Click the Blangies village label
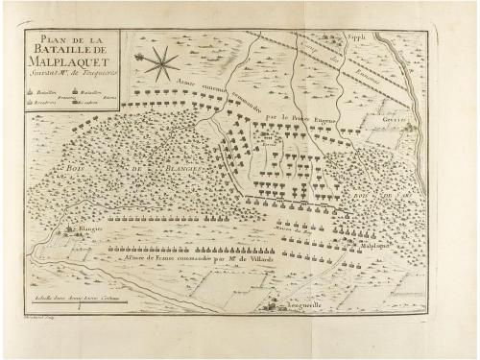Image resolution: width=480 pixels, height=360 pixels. pyautogui.click(x=87, y=231)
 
